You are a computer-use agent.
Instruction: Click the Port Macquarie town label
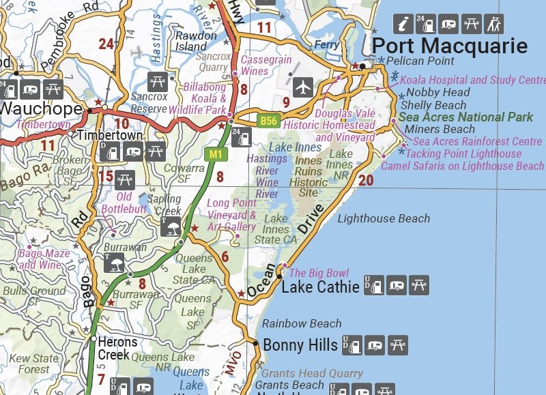point(450,46)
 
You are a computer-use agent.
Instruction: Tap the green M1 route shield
point(216,154)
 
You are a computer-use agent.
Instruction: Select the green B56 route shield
point(268,121)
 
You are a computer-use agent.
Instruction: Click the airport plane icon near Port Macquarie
point(303,87)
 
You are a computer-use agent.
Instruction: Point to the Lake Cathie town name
point(320,287)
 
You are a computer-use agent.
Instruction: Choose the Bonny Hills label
point(300,345)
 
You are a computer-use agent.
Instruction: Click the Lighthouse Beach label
point(384,218)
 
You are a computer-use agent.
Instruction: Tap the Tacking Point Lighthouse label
point(463,153)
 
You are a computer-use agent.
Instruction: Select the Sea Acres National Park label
point(465,117)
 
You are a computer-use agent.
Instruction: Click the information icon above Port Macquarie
point(405,24)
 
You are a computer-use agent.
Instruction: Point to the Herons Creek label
point(117,348)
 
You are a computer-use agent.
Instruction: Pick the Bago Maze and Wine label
point(44,259)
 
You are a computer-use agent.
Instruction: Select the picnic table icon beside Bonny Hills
point(397,346)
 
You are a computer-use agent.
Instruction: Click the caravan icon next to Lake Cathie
point(397,286)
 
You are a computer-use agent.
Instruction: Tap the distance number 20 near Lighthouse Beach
point(366,180)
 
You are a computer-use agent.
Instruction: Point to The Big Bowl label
point(319,273)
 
